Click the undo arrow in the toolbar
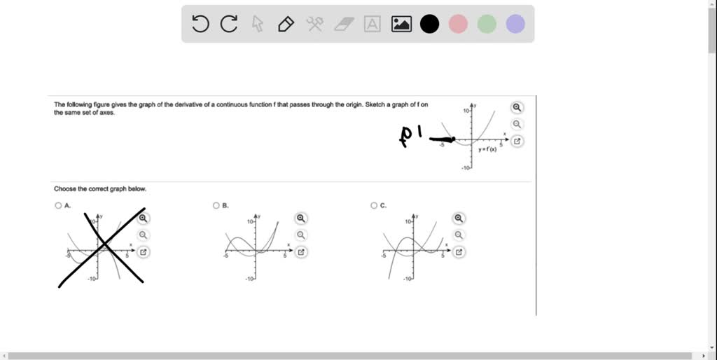200,25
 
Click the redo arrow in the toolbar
229,25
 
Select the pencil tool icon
286,25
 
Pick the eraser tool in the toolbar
344,25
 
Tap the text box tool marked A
373,25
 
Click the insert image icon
401,25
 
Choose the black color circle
429,25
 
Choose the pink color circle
458,25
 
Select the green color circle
487,25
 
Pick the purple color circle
515,25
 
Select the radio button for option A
58,206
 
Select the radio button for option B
216,206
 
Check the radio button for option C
374,206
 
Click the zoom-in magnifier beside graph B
301,219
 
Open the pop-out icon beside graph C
459,252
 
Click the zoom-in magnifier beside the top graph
517,108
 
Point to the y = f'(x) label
487,149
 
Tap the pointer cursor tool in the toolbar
258,25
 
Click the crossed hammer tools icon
314,25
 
